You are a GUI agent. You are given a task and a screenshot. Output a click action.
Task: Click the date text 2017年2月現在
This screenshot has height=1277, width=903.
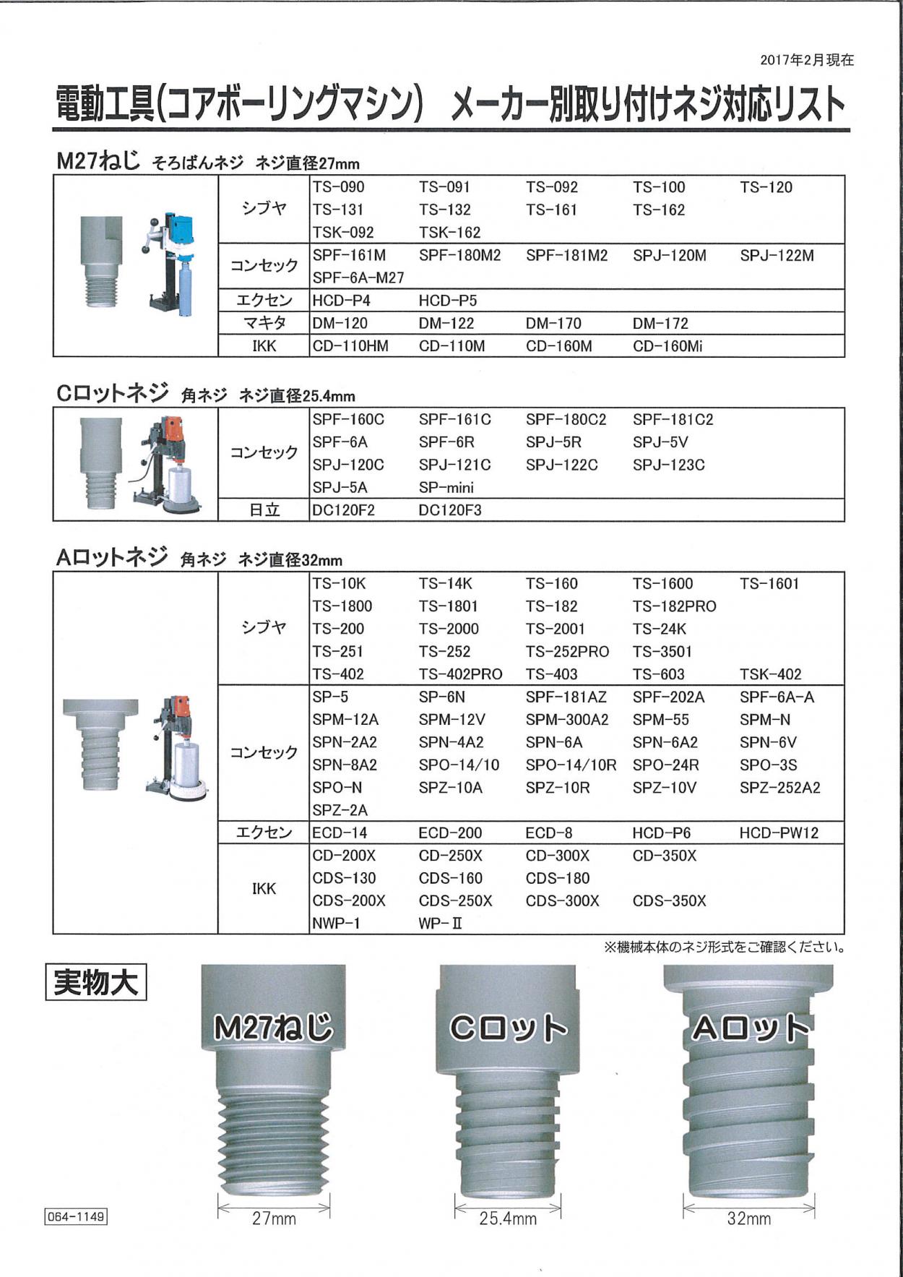point(806,61)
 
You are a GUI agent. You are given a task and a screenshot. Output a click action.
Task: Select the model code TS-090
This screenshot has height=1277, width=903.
point(338,187)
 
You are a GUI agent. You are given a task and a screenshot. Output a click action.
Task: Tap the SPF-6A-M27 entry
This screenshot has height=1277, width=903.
point(358,278)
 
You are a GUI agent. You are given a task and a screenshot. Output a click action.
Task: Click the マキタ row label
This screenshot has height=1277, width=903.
point(264,323)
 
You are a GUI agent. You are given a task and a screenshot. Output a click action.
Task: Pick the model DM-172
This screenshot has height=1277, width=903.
point(660,323)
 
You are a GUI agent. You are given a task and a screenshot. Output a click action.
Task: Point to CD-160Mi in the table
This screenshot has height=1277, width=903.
point(667,346)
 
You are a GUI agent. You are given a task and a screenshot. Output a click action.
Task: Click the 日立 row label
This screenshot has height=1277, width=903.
point(264,510)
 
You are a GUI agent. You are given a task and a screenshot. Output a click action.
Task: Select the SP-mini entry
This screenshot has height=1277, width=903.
point(446,487)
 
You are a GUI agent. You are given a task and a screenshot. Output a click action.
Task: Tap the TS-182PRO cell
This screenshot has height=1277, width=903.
point(674,606)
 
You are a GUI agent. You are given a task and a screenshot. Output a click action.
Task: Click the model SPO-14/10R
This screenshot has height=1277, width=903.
point(571,765)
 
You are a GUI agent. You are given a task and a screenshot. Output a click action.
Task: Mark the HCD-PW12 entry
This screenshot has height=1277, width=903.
point(779,833)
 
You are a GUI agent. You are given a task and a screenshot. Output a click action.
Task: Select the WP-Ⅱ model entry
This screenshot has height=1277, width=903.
point(440,923)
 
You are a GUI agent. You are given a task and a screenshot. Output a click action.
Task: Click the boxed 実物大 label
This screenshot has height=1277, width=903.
point(95,983)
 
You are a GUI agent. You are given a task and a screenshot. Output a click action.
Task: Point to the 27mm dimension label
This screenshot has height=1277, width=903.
point(274,1218)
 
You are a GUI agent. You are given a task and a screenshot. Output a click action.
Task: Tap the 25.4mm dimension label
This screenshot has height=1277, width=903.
point(508,1218)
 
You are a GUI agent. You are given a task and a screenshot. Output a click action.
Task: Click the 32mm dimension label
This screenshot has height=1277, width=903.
point(748,1218)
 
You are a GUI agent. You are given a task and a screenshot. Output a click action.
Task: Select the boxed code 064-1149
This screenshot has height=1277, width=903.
point(76,1216)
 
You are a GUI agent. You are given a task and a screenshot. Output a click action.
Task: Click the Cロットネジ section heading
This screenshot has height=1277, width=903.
point(112,394)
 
